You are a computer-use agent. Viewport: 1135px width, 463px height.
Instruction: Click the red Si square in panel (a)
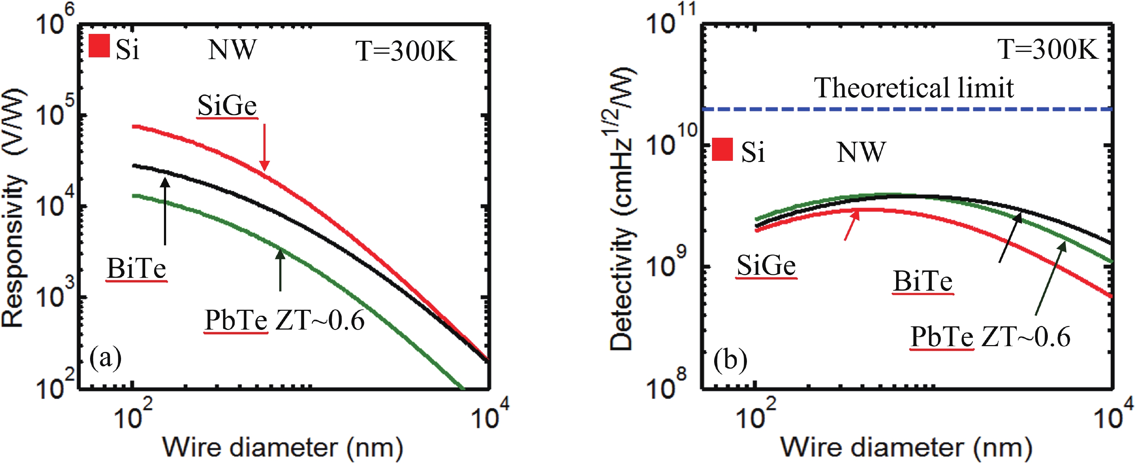(x=99, y=46)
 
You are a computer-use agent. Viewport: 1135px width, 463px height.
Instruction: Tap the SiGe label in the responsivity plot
(x=227, y=106)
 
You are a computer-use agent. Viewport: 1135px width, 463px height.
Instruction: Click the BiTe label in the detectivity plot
(x=923, y=281)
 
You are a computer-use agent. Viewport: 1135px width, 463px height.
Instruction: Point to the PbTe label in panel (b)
(x=942, y=337)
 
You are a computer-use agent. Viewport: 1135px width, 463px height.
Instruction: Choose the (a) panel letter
(x=105, y=358)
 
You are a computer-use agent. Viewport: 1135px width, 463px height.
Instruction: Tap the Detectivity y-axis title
(x=621, y=207)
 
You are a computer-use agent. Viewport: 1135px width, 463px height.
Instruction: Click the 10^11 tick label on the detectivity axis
(x=670, y=20)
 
